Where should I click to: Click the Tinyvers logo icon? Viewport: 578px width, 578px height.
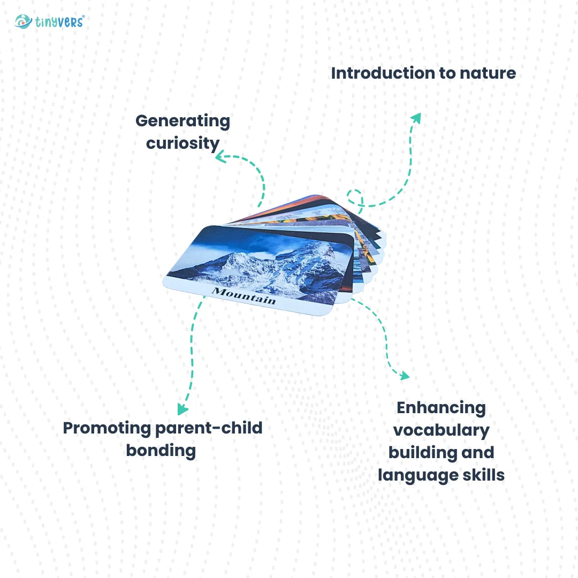click(x=23, y=22)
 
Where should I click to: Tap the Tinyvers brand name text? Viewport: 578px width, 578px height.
click(x=59, y=22)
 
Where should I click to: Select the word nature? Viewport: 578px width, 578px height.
click(x=488, y=73)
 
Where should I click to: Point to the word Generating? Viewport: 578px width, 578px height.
click(x=183, y=121)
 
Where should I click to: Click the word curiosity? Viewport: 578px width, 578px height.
click(x=183, y=144)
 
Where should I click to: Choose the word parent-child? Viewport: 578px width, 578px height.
click(x=209, y=428)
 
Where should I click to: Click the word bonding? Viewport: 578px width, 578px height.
click(x=161, y=451)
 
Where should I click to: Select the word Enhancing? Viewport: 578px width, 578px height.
click(x=441, y=408)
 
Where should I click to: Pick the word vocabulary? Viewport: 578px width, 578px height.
click(x=441, y=431)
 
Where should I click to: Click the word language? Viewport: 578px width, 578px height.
click(x=419, y=476)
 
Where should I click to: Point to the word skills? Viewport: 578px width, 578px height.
click(x=484, y=475)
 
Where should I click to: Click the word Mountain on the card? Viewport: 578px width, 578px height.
click(x=244, y=295)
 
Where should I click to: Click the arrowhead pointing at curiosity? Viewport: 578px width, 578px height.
click(x=220, y=157)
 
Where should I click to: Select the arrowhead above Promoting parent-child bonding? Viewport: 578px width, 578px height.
click(x=182, y=409)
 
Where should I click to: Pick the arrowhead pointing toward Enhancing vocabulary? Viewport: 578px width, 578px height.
click(x=405, y=375)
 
